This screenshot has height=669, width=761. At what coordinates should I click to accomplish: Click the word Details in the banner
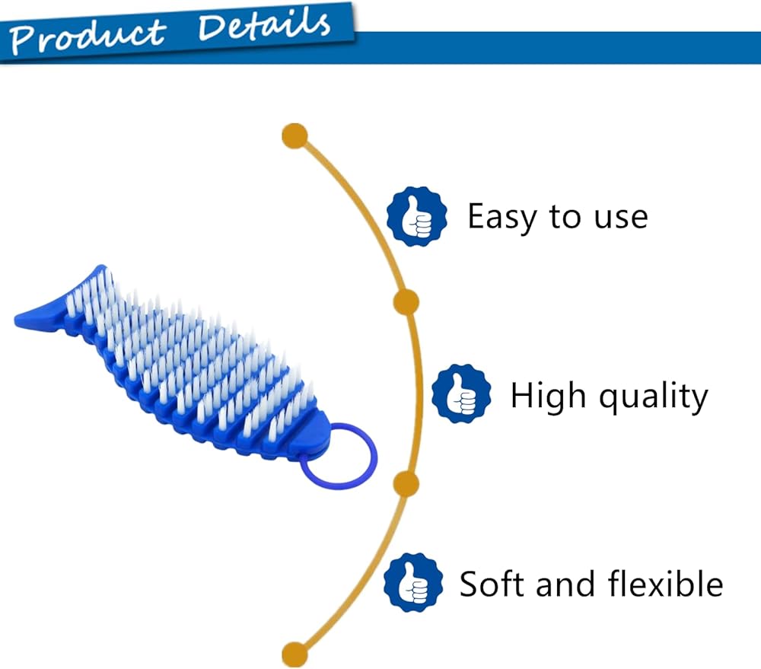coord(265,25)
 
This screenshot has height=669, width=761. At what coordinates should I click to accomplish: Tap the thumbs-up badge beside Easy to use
coord(417,216)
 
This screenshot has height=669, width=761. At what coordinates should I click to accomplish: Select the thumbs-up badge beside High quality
coord(461,393)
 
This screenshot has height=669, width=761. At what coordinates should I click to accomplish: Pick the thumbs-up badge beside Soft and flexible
coord(413,582)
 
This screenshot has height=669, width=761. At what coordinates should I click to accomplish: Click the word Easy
coord(501,218)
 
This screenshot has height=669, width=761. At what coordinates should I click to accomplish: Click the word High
coord(548,396)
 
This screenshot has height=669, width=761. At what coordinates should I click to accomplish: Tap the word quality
coord(653,397)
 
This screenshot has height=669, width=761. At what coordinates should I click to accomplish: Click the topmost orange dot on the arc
coord(295,136)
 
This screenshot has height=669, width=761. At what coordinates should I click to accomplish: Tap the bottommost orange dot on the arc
coord(295,654)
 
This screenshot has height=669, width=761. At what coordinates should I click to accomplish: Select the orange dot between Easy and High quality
coord(406,302)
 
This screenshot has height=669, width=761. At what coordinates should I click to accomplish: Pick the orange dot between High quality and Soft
coord(406,483)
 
